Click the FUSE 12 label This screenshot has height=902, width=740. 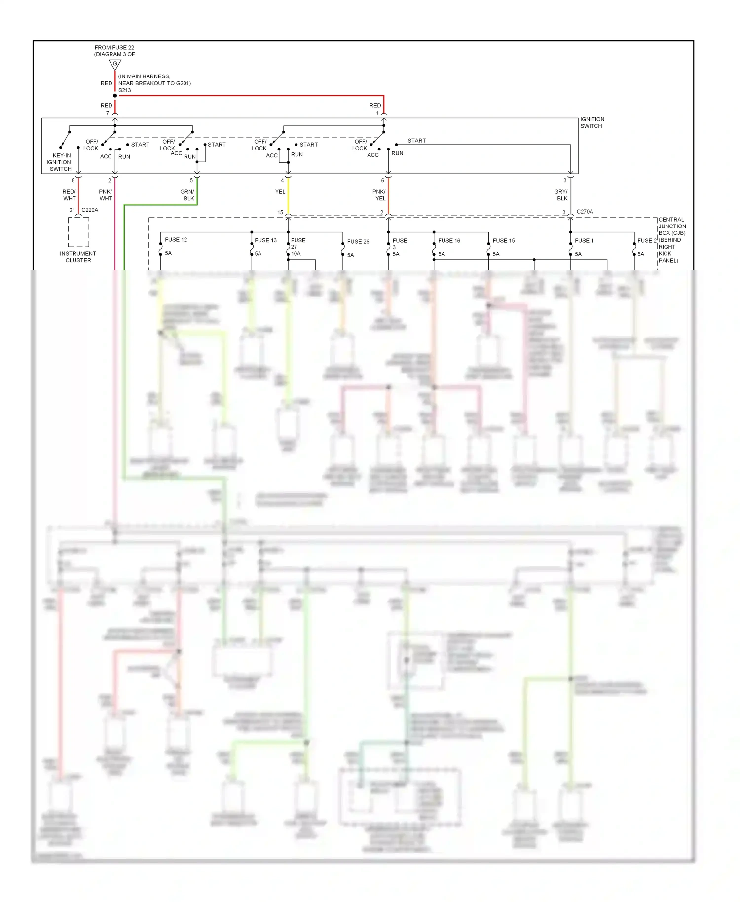click(x=176, y=240)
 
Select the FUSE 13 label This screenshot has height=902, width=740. click(x=265, y=240)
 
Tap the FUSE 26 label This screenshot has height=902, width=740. click(x=358, y=242)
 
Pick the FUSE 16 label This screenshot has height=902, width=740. click(x=449, y=241)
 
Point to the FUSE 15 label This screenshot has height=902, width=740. click(x=504, y=241)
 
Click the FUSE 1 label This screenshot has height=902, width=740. click(x=584, y=241)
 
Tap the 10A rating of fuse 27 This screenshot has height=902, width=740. click(x=296, y=254)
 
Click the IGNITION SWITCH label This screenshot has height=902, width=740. click(x=592, y=123)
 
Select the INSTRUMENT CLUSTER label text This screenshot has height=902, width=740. click(x=78, y=257)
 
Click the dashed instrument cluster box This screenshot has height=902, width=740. click(x=78, y=232)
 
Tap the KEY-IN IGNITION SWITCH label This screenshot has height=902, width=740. click(x=60, y=162)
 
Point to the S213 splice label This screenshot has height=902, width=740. click(x=125, y=90)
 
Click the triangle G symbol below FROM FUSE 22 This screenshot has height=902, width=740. click(x=115, y=64)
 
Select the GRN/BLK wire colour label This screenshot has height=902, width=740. click(x=187, y=195)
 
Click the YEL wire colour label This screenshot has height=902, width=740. click(x=280, y=192)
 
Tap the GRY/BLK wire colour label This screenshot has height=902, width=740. click(x=561, y=195)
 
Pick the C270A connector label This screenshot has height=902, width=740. click(x=585, y=212)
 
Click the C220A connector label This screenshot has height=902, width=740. click(x=90, y=210)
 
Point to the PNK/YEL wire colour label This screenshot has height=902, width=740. click(x=379, y=195)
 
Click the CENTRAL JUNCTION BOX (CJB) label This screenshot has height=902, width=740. click(x=671, y=240)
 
